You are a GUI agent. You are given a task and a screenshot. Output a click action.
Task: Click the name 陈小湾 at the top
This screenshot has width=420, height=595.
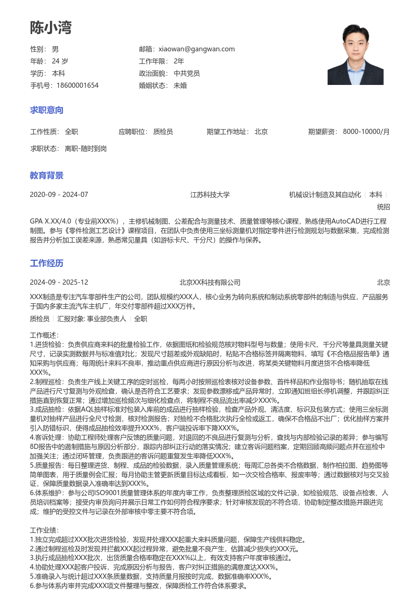[51, 28]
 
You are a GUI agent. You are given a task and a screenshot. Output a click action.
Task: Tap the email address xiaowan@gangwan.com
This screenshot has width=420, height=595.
[196, 49]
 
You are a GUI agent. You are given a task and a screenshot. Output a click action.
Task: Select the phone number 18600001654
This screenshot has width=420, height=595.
[77, 85]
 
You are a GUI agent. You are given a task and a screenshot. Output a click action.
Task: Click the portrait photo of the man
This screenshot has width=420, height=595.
[355, 55]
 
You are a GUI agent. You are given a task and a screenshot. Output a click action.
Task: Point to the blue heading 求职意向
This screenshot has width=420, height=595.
[47, 110]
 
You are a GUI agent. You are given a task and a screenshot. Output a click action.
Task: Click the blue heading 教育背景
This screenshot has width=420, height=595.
[47, 175]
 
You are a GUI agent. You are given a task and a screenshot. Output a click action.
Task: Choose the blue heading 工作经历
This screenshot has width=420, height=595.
[47, 263]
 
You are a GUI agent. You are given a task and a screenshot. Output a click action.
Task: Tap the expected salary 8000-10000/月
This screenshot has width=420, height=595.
[366, 132]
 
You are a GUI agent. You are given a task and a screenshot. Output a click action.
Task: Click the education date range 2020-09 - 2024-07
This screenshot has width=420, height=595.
[59, 195]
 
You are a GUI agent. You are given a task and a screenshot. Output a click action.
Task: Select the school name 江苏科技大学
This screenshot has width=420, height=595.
[210, 195]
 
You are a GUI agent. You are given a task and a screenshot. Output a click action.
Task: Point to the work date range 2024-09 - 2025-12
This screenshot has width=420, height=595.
[59, 282]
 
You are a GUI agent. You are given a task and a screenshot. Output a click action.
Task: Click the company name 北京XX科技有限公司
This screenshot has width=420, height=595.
[210, 282]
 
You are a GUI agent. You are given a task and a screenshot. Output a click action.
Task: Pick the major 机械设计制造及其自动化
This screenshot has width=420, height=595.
[325, 195]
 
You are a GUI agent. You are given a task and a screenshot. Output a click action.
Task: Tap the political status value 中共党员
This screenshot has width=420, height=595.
[187, 73]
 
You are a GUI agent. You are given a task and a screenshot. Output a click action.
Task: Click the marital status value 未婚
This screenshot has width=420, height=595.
[180, 85]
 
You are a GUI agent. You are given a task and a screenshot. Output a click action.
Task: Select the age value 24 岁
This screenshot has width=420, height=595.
[60, 61]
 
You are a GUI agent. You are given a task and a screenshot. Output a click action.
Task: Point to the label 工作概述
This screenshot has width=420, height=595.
[44, 335]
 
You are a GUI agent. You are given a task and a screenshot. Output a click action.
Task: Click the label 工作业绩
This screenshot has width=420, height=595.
[44, 530]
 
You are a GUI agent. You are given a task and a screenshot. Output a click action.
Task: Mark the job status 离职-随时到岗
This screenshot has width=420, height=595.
[86, 148]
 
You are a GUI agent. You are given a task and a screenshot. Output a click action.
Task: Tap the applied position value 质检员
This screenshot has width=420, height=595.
[163, 132]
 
